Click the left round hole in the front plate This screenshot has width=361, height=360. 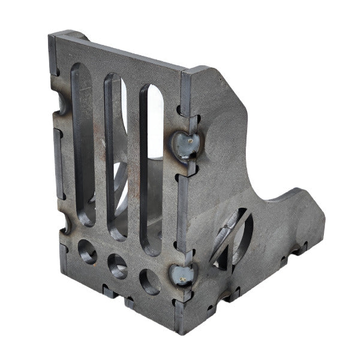click(x=87, y=252)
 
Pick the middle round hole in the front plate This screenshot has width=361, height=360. click(x=117, y=263)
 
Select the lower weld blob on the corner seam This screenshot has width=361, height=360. click(x=181, y=275)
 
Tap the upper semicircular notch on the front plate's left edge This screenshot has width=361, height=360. click(x=61, y=102)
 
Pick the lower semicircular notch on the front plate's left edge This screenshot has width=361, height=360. click(x=65, y=225)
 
